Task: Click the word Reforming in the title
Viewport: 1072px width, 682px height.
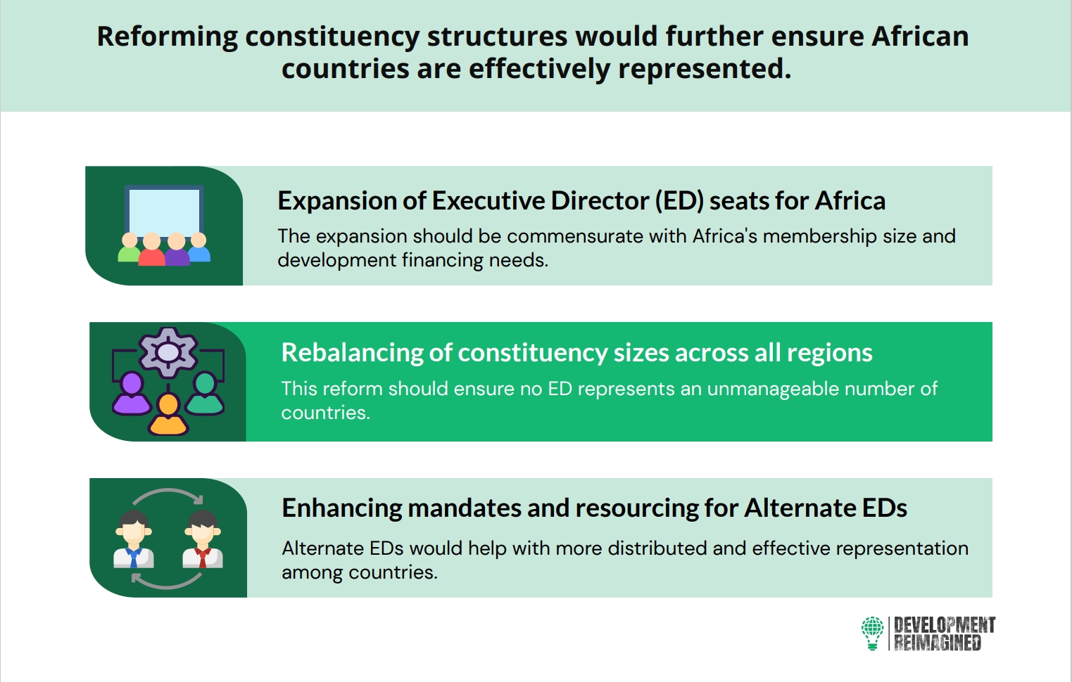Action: click(167, 37)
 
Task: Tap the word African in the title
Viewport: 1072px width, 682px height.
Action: click(920, 37)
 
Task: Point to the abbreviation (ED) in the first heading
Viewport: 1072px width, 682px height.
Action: click(679, 200)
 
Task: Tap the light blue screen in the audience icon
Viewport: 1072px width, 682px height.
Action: click(164, 212)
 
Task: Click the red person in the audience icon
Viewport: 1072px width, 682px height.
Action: click(152, 249)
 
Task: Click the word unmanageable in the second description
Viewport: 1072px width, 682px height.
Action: click(772, 389)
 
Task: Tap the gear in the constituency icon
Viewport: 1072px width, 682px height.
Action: click(168, 353)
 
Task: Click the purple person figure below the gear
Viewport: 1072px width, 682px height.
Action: click(131, 394)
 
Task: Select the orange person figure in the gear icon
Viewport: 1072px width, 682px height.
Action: click(168, 414)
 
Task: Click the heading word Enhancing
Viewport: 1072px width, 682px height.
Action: click(341, 508)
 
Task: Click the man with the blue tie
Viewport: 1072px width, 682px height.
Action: click(134, 539)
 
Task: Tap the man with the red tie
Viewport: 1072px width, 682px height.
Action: click(203, 539)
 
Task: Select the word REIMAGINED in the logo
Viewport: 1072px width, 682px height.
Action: click(937, 643)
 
